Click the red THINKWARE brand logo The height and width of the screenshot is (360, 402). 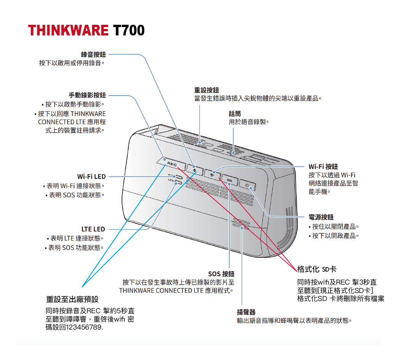pyautogui.click(x=68, y=30)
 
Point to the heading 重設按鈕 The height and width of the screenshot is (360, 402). pyautogui.click(x=206, y=90)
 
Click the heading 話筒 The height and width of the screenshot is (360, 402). pyautogui.click(x=235, y=114)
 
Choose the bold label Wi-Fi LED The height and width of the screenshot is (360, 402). pyautogui.click(x=91, y=177)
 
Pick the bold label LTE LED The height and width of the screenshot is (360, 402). pyautogui.click(x=93, y=229)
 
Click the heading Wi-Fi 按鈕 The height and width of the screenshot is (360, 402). pyautogui.click(x=323, y=167)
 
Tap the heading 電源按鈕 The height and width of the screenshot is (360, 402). pyautogui.click(x=321, y=217)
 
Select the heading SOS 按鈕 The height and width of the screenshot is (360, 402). pyautogui.click(x=221, y=274)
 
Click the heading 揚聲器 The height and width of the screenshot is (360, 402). pyautogui.click(x=246, y=312)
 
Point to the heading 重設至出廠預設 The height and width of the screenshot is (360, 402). pyautogui.click(x=72, y=299)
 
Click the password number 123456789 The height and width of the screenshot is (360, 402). pyautogui.click(x=84, y=327)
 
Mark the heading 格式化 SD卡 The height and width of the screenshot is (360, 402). pyautogui.click(x=317, y=269)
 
